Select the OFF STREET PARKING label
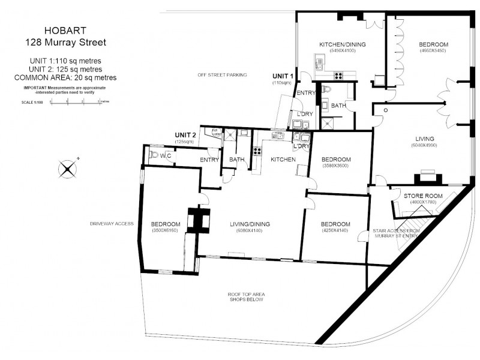(x=223, y=75)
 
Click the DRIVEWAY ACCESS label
(x=111, y=223)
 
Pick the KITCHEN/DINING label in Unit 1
(x=343, y=44)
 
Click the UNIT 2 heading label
(x=185, y=134)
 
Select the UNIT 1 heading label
(x=283, y=76)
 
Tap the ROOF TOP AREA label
(x=247, y=294)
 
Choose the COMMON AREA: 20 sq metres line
(x=65, y=78)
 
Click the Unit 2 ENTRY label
(x=209, y=160)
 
